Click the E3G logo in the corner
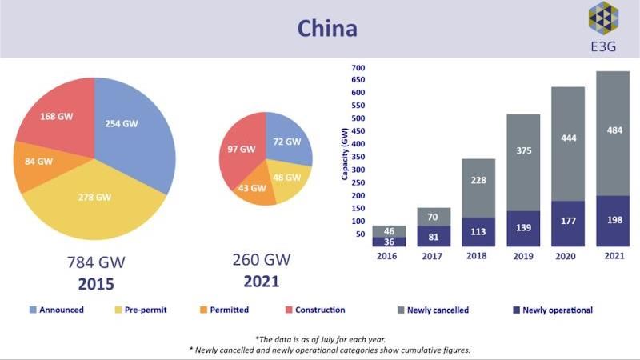tap(603, 27)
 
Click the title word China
tap(327, 29)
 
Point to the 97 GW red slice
tap(241, 151)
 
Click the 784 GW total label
tap(96, 262)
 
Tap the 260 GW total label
tap(262, 259)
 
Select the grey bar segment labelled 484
tap(613, 134)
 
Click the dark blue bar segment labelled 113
tap(478, 232)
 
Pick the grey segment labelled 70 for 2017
tap(434, 217)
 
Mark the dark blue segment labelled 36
tap(389, 242)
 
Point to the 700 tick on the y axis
tap(358, 68)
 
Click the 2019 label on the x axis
tap(523, 256)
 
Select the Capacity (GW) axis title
tap(345, 154)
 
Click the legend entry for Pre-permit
tap(141, 310)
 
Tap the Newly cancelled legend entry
tap(433, 310)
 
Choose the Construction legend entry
tap(315, 310)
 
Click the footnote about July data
tap(321, 339)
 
